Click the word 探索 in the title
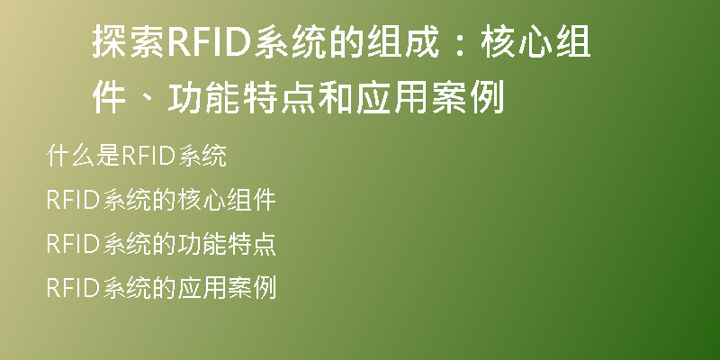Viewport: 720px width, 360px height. (x=128, y=42)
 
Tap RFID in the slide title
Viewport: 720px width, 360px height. (x=210, y=42)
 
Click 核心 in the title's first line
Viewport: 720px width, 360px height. (x=517, y=42)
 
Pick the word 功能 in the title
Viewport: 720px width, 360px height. (x=203, y=97)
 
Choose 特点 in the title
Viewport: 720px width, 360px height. (x=279, y=97)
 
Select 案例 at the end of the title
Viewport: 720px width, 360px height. (x=468, y=97)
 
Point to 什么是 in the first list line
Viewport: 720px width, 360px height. (x=84, y=156)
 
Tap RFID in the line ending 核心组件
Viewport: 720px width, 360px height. (x=74, y=200)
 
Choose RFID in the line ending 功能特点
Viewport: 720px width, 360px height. (x=74, y=244)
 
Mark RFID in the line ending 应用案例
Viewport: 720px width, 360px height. (x=74, y=288)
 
